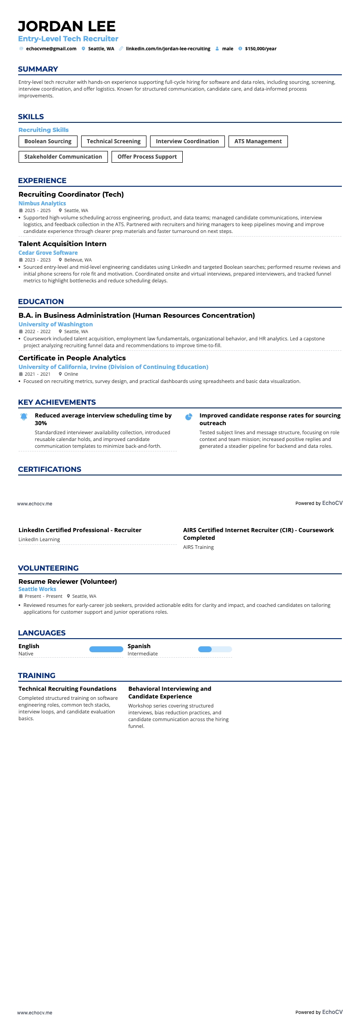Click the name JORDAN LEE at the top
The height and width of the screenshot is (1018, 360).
[x=67, y=26]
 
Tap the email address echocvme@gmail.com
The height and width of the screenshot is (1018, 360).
[x=51, y=48]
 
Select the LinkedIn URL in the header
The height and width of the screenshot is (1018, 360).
[x=168, y=48]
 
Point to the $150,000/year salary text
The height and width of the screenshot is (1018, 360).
[x=260, y=48]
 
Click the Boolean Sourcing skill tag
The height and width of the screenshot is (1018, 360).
[x=48, y=141]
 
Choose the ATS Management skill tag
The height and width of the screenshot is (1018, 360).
[x=258, y=141]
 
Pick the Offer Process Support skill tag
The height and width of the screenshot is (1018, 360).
[x=147, y=157]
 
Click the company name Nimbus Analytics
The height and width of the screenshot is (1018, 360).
[x=42, y=204]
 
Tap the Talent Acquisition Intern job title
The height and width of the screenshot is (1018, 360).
[x=63, y=244]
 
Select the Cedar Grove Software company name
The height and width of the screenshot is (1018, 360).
[x=48, y=253]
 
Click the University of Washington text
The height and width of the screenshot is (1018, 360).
[x=56, y=325]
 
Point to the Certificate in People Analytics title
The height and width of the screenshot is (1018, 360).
[x=72, y=358]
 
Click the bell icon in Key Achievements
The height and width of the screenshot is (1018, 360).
[x=24, y=417]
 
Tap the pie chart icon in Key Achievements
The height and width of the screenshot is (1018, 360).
[x=189, y=417]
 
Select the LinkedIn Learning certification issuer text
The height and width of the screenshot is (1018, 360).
[x=39, y=539]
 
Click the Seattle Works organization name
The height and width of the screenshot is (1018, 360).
[x=37, y=589]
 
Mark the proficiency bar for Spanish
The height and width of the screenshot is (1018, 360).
[x=215, y=650]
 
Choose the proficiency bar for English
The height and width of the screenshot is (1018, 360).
[x=106, y=650]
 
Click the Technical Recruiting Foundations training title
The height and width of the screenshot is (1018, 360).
[x=68, y=689]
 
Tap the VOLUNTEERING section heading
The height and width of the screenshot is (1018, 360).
[x=48, y=568]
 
